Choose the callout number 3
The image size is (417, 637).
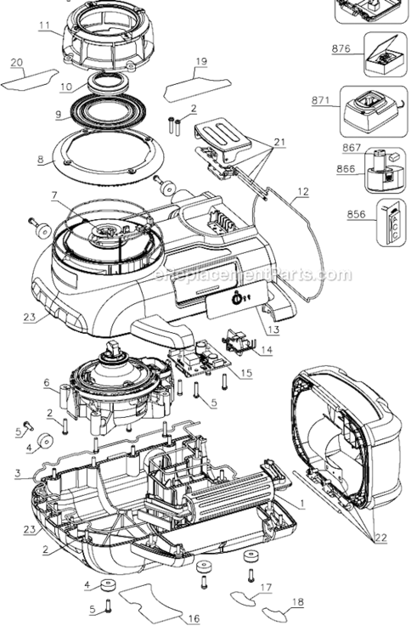click(17, 474)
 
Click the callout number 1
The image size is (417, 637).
click(302, 503)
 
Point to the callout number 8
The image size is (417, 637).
click(39, 158)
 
